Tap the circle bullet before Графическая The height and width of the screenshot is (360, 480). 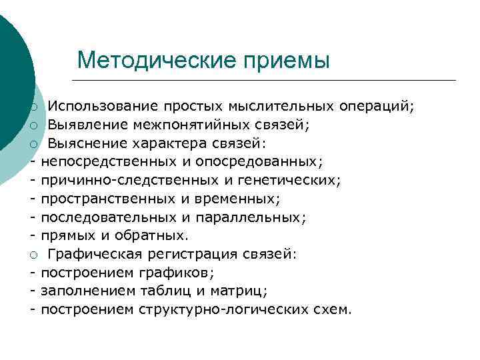32,254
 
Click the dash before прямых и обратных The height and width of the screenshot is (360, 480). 32,235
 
